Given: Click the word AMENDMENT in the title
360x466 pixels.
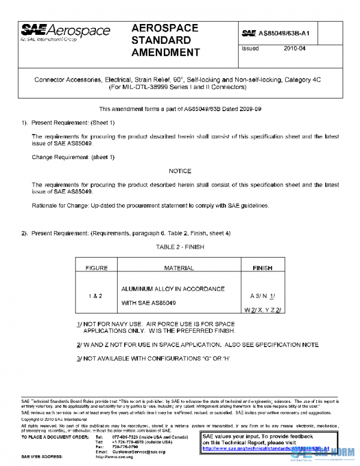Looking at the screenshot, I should pos(165,53).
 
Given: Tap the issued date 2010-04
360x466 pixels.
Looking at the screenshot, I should pos(295,49).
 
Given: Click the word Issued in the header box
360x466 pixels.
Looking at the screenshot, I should pos(250,49).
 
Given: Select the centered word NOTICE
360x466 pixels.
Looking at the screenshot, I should pos(180,171).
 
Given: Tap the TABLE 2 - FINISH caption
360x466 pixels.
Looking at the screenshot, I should pos(181,246).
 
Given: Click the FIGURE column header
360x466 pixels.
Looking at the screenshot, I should pos(97,268).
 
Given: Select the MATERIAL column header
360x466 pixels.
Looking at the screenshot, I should pos(180,268).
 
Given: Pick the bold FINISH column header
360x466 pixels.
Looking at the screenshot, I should pos(262,268).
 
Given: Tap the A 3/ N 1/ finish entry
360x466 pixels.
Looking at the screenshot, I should pos(262,296).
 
